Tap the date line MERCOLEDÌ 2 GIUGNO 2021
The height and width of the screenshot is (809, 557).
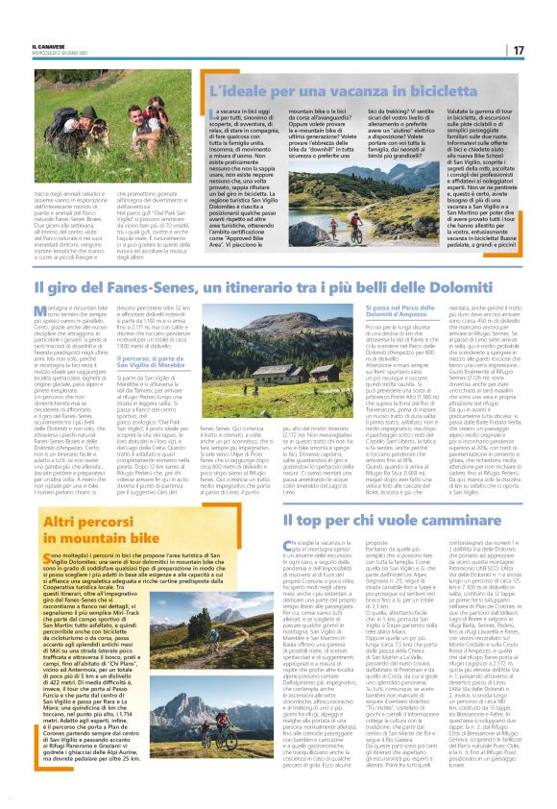click(57, 53)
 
